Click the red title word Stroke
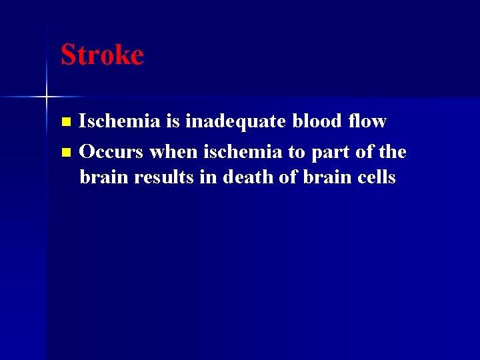102,55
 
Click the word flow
367,121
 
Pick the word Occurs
111,152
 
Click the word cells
376,178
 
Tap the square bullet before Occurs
65,153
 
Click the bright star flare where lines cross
47,97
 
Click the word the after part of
392,152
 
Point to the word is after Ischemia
173,121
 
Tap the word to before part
296,153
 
